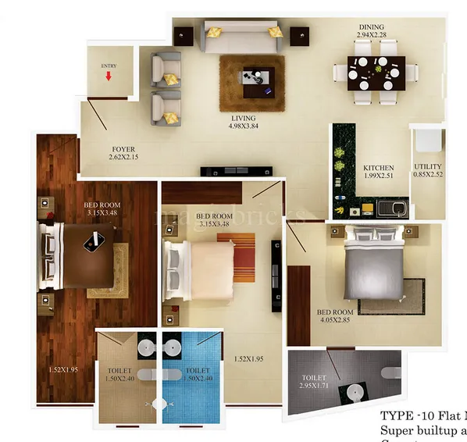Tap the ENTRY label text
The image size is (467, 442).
point(109,66)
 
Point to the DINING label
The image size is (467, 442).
point(371,27)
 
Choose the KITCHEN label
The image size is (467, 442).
point(379,167)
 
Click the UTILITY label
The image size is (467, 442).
point(428,166)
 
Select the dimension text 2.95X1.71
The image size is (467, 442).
point(314,385)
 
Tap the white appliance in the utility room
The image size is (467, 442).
point(427,141)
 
